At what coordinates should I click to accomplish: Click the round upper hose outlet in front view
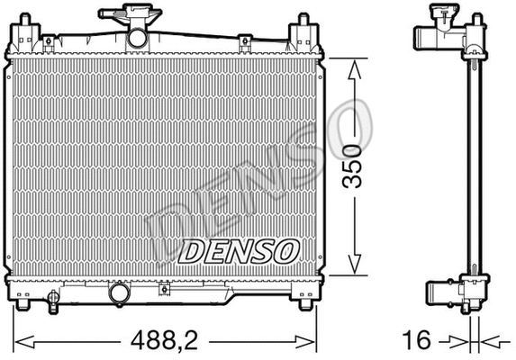coord(137,39)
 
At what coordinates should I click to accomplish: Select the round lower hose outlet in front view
coord(119,294)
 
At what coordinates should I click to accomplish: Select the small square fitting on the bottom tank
coord(164,290)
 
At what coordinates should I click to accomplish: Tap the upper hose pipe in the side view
coord(430,39)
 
